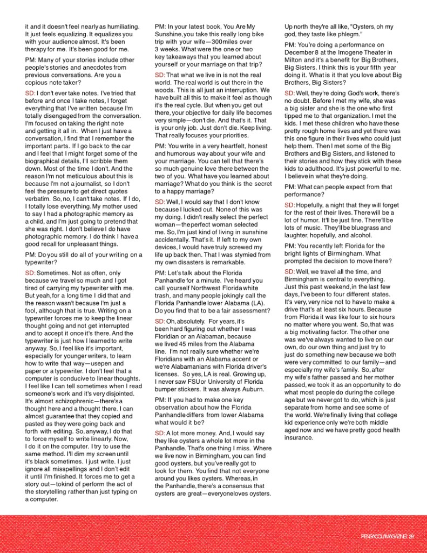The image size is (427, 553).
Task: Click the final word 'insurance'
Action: coord(299,438)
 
